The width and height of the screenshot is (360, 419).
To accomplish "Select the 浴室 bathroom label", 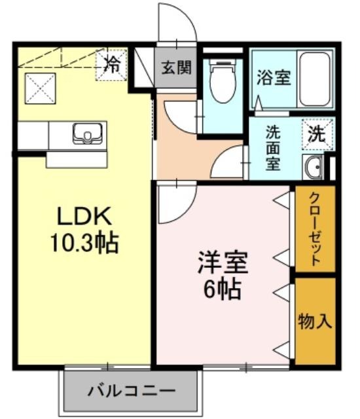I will (274, 77).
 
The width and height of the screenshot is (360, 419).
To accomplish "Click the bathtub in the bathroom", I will (315, 78).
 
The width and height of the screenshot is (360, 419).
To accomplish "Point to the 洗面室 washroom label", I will (274, 147).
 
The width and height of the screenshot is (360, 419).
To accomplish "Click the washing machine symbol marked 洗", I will (317, 135).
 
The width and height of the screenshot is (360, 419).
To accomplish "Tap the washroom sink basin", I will (313, 167).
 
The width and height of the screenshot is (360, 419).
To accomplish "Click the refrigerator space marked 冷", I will (113, 64).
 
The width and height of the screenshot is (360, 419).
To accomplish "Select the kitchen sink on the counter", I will (85, 134).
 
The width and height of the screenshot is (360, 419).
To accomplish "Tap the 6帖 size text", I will (223, 288).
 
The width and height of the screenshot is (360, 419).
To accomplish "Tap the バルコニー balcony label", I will (131, 391).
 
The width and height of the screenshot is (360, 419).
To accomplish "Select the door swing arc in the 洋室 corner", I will (175, 203).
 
